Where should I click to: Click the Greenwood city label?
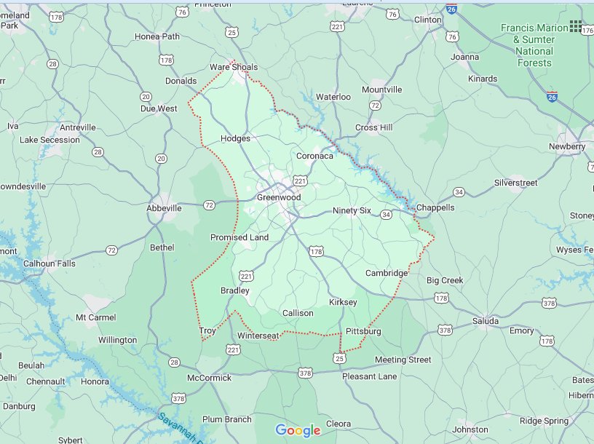(x=279, y=197)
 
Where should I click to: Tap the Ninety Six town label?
(x=352, y=211)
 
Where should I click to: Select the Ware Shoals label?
(x=234, y=68)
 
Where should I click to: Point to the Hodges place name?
(x=235, y=138)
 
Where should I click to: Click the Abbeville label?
(x=164, y=208)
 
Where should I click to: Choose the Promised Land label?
(x=239, y=237)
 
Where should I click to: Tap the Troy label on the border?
(x=207, y=331)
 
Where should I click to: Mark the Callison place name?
(x=298, y=313)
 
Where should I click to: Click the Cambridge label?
(x=387, y=273)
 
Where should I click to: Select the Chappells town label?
(x=435, y=207)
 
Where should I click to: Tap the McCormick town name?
(x=209, y=378)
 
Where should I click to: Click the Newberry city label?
(x=567, y=146)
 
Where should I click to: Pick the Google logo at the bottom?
(x=298, y=430)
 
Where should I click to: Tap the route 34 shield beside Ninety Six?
(x=386, y=215)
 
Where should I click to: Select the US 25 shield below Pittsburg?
(x=340, y=357)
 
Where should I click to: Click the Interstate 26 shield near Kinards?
(x=554, y=95)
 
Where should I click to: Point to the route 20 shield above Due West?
(x=146, y=96)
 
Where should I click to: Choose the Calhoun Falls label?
(x=49, y=263)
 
